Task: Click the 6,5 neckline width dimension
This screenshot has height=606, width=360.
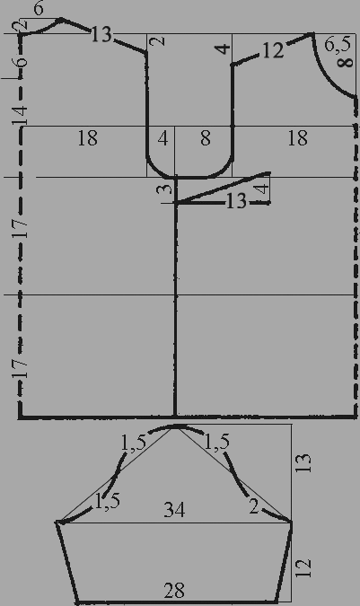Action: [x=338, y=45]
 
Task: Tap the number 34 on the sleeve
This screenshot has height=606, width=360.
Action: [x=174, y=510]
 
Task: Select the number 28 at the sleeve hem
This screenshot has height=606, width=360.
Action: [x=174, y=591]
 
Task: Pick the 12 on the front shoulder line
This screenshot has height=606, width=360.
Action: [x=273, y=51]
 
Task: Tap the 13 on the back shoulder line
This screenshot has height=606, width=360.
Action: [x=101, y=35]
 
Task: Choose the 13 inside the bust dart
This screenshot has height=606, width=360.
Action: [x=236, y=201]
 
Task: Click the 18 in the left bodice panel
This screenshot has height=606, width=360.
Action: [x=88, y=138]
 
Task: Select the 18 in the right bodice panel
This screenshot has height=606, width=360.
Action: [x=298, y=138]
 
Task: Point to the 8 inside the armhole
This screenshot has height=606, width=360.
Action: [x=206, y=138]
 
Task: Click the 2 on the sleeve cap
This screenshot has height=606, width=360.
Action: [x=253, y=507]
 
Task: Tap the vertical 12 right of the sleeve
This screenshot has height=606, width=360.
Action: [x=304, y=567]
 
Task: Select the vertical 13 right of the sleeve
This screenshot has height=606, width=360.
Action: [x=304, y=462]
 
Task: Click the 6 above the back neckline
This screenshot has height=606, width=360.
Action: [x=39, y=8]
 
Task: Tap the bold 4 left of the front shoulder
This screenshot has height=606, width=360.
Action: [x=224, y=49]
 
